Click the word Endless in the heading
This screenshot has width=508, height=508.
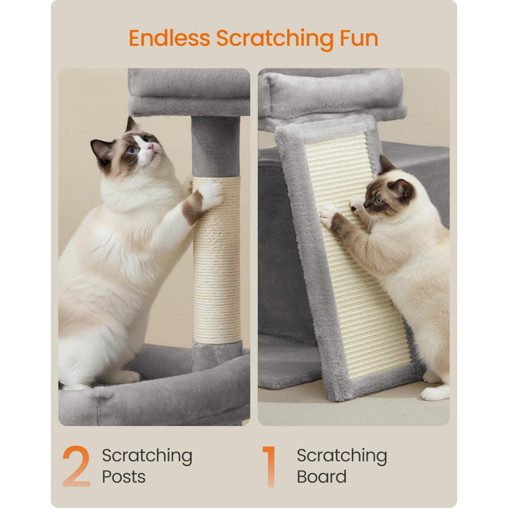coord(170,38)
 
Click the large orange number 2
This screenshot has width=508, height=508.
coord(76,466)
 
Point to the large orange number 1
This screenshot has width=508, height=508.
coord(269,466)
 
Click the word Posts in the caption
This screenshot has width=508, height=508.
coord(123,477)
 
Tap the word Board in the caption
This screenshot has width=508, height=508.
coord(321,477)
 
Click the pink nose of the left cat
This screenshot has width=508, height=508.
coord(150,147)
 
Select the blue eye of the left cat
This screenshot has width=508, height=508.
coord(131,150)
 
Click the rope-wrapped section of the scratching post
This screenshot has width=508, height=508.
coord(217,260)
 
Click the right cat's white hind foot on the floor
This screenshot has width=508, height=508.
coord(435,393)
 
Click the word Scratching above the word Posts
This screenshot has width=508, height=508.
coord(147,457)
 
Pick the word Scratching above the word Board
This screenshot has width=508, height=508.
coord(342,457)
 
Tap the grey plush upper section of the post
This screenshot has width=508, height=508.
coord(216,147)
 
